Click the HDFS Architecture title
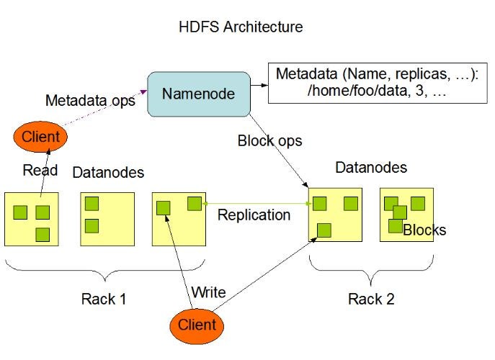point(241,27)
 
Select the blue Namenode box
point(199,94)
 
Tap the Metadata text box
point(378,83)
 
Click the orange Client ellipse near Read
point(40,137)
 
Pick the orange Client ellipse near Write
point(197,325)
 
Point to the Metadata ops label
point(90,101)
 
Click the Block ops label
point(269,140)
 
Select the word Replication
point(254,215)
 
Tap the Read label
point(40,170)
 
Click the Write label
point(208,292)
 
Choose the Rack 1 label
point(104,299)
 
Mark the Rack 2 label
point(371,299)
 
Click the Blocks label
point(424,230)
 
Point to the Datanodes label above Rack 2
point(371,167)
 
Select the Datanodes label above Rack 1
point(108,172)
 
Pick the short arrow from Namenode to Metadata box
point(259,85)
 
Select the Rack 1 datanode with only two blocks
point(107,220)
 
